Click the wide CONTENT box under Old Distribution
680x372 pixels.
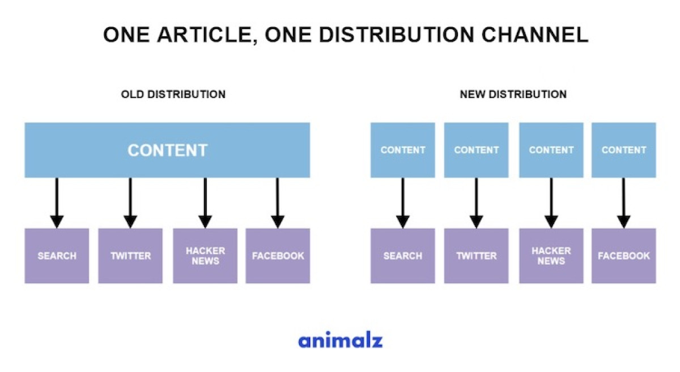point(167,150)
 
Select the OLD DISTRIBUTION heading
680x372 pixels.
point(173,95)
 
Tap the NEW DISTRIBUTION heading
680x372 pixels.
point(513,95)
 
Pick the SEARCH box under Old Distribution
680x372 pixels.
point(57,256)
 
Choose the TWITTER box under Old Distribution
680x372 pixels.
point(130,256)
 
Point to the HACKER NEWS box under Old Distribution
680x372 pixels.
point(205,256)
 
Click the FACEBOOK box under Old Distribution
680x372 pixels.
point(278,256)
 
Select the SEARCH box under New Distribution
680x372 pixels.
point(403,256)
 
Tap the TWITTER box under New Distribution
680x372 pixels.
point(477,256)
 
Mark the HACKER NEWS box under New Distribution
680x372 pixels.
point(551,256)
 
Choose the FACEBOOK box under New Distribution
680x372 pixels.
point(624,256)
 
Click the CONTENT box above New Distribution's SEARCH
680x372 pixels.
point(403,150)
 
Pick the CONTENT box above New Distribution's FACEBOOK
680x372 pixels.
point(624,150)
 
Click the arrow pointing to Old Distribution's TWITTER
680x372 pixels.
point(130,203)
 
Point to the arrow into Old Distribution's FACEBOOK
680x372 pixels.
point(278,203)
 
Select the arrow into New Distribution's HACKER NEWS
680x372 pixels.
point(551,203)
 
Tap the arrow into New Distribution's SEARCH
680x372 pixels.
point(403,203)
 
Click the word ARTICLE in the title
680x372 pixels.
point(207,35)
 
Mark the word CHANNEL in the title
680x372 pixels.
point(535,35)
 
